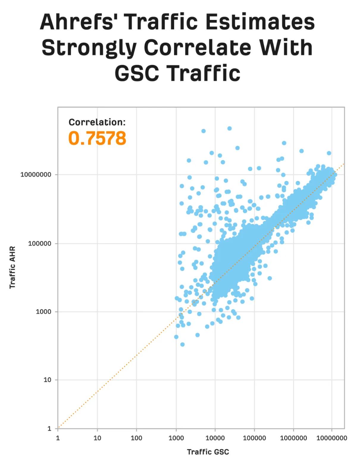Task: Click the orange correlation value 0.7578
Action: (97, 138)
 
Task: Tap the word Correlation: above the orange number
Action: (97, 122)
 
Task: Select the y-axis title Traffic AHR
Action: (12, 267)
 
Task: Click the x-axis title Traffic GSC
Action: (208, 452)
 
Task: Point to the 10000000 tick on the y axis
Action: (36, 174)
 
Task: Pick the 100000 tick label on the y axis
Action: (40, 243)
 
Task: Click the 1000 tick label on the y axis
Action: (43, 312)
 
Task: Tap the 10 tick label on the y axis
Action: (47, 380)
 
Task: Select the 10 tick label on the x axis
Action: (97, 438)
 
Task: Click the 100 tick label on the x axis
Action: (136, 438)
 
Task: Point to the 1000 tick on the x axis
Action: (176, 438)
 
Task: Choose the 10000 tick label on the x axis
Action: (215, 438)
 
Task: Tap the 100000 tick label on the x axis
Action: (254, 438)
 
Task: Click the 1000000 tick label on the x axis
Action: (293, 438)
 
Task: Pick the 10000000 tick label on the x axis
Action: (332, 438)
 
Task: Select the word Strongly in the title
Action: (89, 48)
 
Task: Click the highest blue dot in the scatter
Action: (229, 129)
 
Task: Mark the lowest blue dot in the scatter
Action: (182, 344)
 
